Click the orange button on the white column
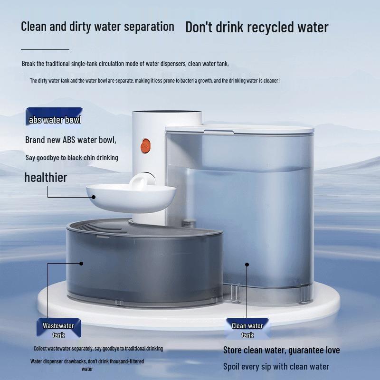pyautogui.click(x=145, y=146)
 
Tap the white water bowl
pyautogui.click(x=131, y=198)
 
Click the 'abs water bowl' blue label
pyautogui.click(x=54, y=116)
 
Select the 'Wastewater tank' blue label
pyautogui.click(x=58, y=328)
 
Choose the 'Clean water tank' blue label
pyautogui.click(x=247, y=328)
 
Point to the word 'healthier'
pyautogui.click(x=46, y=177)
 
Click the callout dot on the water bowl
pyautogui.click(x=94, y=197)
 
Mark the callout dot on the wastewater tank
pyautogui.click(x=81, y=264)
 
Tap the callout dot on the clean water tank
pyautogui.click(x=247, y=265)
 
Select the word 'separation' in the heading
pyautogui.click(x=149, y=27)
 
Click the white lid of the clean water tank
pyautogui.click(x=239, y=129)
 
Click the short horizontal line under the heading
pyautogui.click(x=45, y=49)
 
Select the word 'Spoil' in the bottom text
pyautogui.click(x=231, y=367)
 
